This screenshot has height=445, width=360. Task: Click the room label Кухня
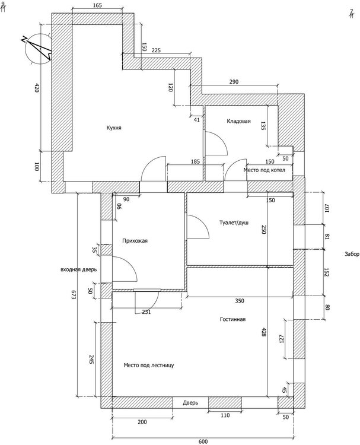(x=114, y=128)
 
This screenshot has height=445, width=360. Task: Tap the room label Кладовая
(x=238, y=122)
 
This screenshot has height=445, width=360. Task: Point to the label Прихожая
(x=135, y=241)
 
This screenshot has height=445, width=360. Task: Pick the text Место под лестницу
(x=148, y=365)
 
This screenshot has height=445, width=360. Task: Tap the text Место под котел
(x=265, y=170)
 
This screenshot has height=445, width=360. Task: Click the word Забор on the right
(x=352, y=255)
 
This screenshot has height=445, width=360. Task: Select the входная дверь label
(x=78, y=270)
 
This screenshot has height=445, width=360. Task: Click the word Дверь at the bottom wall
(x=190, y=403)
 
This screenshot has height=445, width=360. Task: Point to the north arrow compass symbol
(x=37, y=49)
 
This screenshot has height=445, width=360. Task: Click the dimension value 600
(x=203, y=441)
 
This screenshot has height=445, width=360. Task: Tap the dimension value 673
(x=74, y=297)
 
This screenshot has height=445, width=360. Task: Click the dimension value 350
(x=239, y=301)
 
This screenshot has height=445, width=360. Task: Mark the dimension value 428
(x=264, y=333)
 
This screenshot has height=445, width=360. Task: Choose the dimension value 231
(x=145, y=311)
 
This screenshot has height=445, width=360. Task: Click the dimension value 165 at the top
(x=98, y=5)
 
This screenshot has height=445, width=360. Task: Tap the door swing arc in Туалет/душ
(x=199, y=228)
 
